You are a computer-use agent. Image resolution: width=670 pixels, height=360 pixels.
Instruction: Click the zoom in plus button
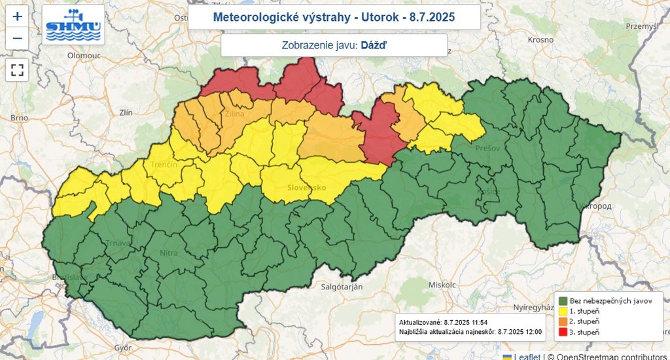[x=18, y=16]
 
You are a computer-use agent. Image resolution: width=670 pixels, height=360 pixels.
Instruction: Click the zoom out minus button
[x=18, y=38]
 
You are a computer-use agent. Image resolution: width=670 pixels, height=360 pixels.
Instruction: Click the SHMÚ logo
[x=73, y=25]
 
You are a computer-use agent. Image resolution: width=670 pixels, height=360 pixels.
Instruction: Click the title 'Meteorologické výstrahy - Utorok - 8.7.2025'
[x=334, y=17]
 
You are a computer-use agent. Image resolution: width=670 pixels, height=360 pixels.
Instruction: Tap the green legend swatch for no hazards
[x=562, y=300]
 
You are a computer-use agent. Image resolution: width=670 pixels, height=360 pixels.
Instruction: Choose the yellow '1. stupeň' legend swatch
[x=562, y=311]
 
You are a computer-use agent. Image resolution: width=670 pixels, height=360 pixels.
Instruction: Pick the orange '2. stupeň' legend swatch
[x=562, y=321]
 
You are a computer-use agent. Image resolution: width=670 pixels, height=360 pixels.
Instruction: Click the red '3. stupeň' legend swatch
[x=562, y=333]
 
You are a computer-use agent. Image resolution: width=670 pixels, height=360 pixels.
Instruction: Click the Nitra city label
[x=168, y=251]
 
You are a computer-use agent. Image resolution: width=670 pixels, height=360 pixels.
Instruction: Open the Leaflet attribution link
[x=527, y=356]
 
